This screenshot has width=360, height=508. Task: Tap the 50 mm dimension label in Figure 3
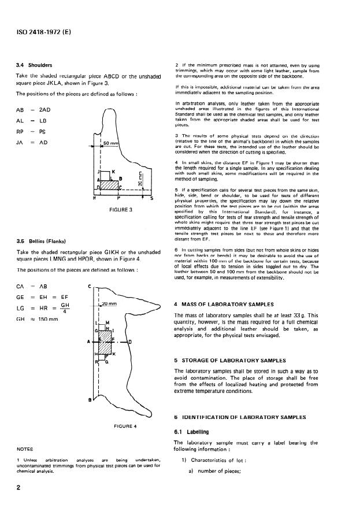(110, 142)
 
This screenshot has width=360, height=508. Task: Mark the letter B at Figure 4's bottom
(89, 400)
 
